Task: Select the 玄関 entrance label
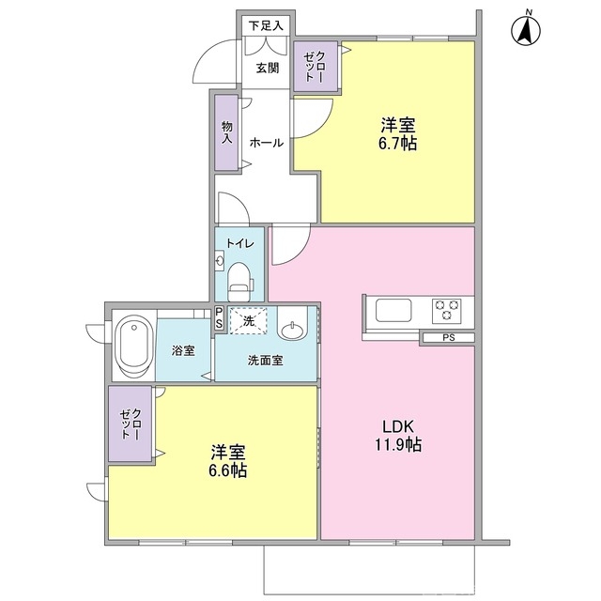tap(267, 68)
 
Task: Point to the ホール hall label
tap(267, 143)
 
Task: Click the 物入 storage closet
tap(226, 131)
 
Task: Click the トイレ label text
tap(240, 242)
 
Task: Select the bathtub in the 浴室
tap(131, 345)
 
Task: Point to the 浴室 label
tap(183, 350)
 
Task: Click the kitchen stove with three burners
tap(445, 309)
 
